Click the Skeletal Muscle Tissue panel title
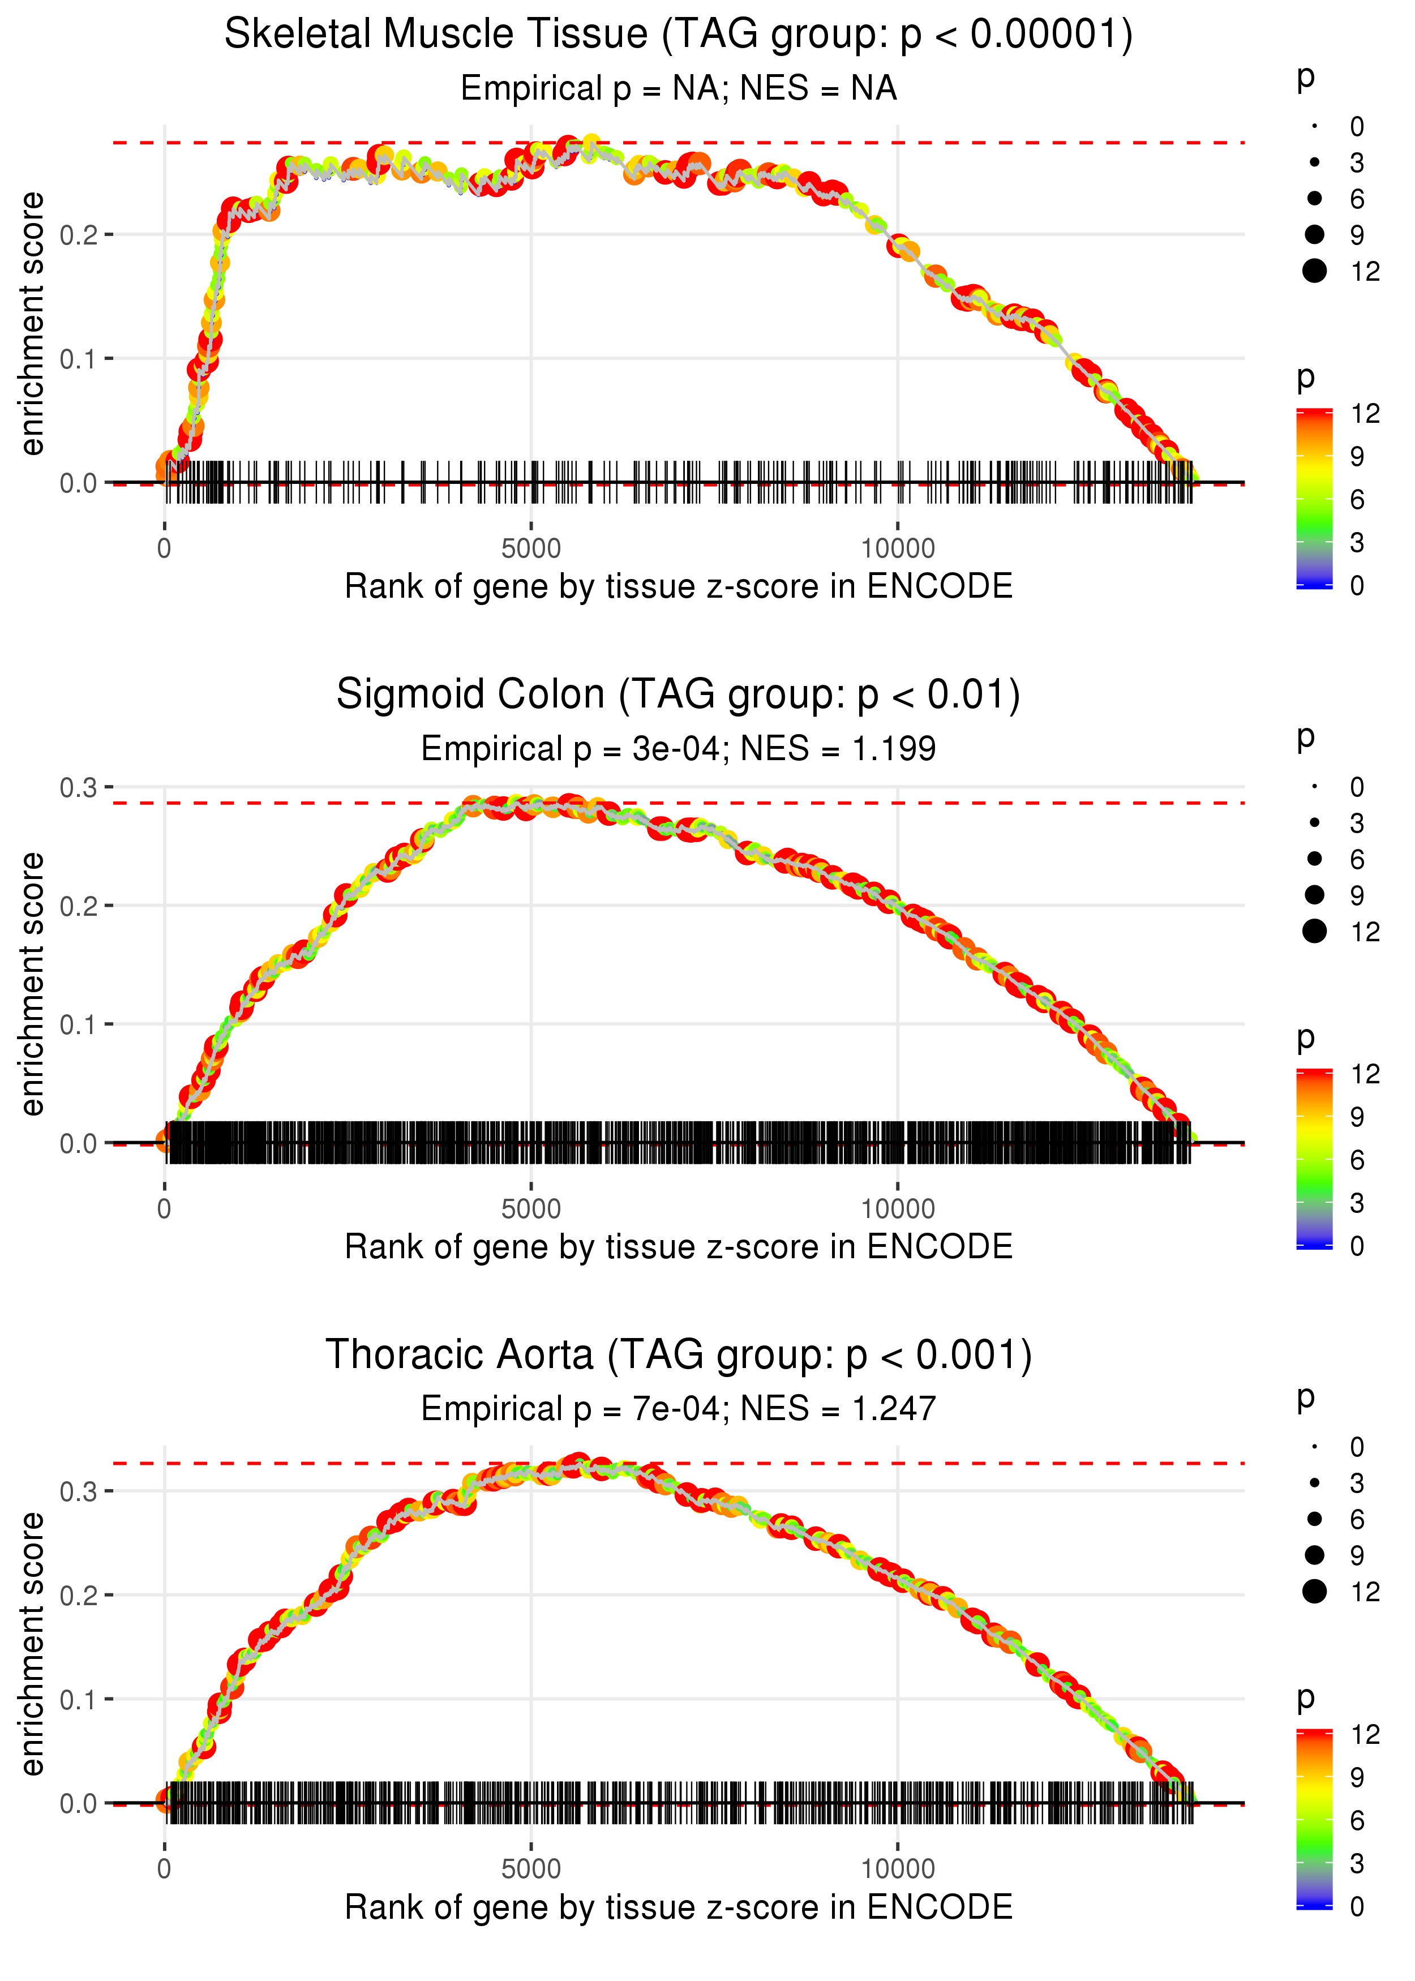(x=678, y=35)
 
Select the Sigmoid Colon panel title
(x=678, y=695)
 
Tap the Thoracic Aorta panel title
(x=678, y=1356)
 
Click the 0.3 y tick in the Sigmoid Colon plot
(x=79, y=787)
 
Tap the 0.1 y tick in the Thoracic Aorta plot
(x=79, y=1700)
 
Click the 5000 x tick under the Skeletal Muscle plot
(x=531, y=549)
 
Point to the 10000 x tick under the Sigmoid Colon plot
(x=898, y=1209)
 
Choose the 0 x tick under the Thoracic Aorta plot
(x=165, y=1869)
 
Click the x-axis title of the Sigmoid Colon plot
(x=678, y=1247)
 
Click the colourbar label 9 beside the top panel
(x=1357, y=457)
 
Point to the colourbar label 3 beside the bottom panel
(x=1357, y=1863)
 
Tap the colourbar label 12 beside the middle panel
(x=1365, y=1074)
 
